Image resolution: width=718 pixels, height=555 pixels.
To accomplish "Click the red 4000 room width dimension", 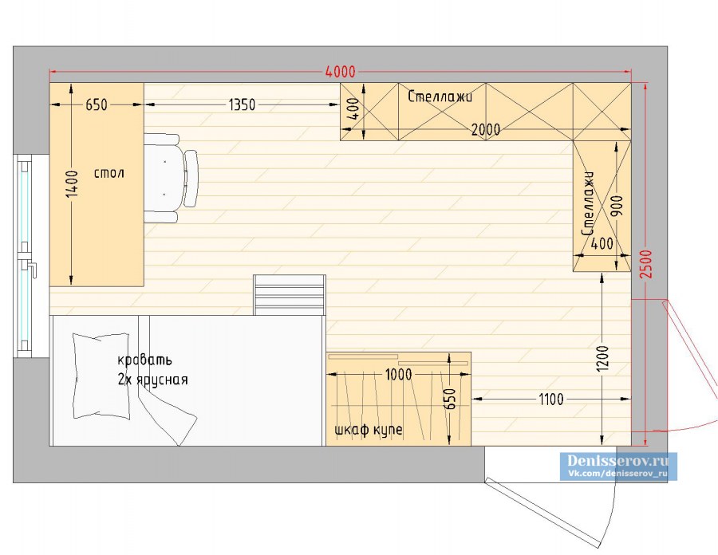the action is point(340,72).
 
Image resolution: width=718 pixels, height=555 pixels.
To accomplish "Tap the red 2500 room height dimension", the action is point(646,264).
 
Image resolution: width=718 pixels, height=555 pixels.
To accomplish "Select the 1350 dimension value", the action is point(242,104).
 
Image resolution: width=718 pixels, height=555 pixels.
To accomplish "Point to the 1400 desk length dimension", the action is point(72,184).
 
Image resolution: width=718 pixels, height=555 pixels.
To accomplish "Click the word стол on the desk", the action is point(109,173).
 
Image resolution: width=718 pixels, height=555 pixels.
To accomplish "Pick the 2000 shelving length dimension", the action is point(485,130).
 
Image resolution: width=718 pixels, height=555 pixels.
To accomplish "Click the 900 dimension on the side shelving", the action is point(617,206).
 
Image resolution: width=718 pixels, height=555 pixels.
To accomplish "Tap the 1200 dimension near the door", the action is point(602,359).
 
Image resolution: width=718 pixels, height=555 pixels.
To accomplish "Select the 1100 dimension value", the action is point(550,400).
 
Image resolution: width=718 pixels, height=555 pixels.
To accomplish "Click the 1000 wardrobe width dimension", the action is point(398,375).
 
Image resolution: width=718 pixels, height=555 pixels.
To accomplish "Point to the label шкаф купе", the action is point(369,430).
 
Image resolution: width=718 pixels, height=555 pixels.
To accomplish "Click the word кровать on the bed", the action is point(144,360).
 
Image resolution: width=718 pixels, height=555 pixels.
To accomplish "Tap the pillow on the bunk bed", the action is point(101,376).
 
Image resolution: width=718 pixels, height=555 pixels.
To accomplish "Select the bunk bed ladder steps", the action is point(290,295).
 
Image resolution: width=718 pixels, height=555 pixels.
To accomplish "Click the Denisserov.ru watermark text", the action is point(617,460).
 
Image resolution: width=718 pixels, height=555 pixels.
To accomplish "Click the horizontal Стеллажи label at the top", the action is point(440,96).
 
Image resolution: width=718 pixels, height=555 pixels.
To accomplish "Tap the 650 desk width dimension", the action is point(97,104).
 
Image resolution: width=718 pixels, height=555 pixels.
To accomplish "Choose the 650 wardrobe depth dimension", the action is point(451,399).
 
